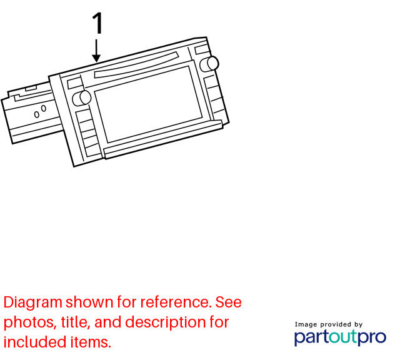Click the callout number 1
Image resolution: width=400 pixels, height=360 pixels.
click(97, 23)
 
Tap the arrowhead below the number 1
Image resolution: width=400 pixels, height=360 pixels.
click(96, 58)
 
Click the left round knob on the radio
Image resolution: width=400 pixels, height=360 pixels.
click(82, 97)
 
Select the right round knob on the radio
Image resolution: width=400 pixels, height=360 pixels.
click(209, 64)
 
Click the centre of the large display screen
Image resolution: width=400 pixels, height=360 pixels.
click(148, 104)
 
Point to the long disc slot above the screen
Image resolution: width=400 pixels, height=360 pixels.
click(136, 66)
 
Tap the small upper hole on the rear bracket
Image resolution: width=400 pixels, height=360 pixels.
click(44, 108)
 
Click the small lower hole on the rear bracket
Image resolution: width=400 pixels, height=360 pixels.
click(37, 114)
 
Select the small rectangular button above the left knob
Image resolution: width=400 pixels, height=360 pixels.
click(75, 83)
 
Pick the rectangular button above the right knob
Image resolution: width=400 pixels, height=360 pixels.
click(202, 49)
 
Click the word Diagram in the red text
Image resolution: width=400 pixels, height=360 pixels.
click(33, 303)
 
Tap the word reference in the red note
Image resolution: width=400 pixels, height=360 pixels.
click(176, 302)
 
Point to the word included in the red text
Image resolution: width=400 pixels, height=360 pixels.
click(35, 342)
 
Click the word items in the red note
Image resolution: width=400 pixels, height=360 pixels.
click(91, 342)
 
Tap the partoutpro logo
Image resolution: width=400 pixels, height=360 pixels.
click(340, 337)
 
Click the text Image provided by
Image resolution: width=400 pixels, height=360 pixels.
click(329, 324)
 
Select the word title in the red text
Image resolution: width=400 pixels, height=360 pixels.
click(76, 322)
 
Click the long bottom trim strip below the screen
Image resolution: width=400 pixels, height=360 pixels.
click(163, 140)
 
